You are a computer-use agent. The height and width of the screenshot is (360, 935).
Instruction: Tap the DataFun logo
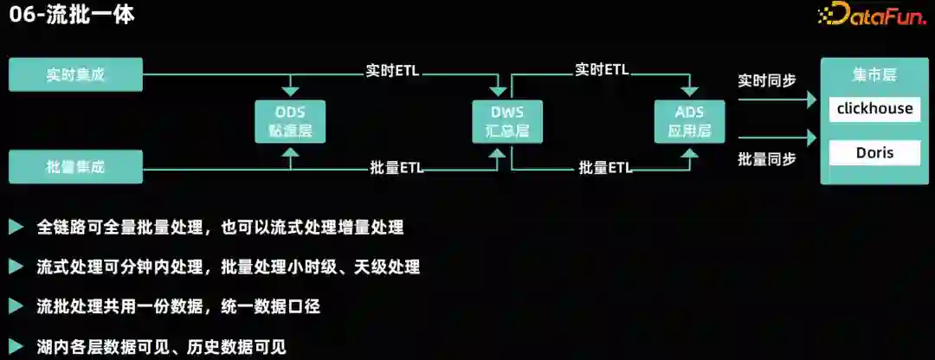(870, 16)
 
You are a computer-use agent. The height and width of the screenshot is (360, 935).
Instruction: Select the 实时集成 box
(75, 75)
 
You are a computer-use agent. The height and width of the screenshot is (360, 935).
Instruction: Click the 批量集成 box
(75, 166)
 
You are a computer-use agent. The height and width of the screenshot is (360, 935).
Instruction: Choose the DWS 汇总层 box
(507, 121)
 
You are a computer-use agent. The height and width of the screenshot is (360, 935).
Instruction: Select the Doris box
(874, 153)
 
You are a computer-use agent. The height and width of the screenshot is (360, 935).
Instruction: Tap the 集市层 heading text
(874, 76)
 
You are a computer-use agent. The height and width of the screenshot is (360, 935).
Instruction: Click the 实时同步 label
(767, 80)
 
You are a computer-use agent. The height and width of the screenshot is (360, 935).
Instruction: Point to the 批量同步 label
(767, 159)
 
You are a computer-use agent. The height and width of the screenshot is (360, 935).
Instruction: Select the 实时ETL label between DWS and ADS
(602, 70)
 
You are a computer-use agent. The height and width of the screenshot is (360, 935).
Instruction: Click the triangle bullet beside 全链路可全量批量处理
(16, 228)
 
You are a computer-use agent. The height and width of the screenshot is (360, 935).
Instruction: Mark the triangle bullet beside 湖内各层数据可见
(16, 347)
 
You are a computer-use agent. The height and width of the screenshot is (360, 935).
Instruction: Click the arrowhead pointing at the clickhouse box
(812, 100)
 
